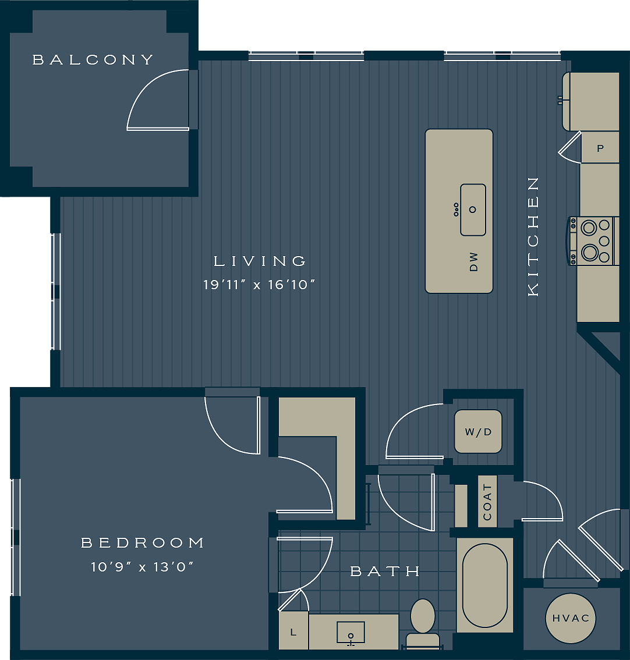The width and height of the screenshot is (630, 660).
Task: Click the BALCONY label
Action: (x=93, y=59)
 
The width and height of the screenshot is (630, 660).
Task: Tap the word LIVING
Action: (x=260, y=261)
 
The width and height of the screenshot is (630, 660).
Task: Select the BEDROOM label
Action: (x=143, y=543)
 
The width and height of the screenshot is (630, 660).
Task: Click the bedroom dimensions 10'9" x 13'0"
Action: (x=142, y=566)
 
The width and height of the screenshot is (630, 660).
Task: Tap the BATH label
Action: (x=385, y=572)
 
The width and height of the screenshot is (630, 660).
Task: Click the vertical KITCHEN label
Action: (x=533, y=236)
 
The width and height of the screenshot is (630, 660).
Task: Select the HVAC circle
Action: (x=571, y=618)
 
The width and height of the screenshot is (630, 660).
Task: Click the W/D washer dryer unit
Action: (x=478, y=431)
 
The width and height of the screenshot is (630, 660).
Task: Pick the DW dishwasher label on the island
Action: (x=473, y=261)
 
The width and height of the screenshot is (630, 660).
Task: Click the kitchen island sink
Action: (x=473, y=210)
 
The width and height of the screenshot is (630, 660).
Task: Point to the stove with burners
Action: (x=594, y=240)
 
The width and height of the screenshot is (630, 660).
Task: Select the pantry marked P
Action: (x=600, y=148)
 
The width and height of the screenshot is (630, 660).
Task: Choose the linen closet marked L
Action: (x=293, y=631)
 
